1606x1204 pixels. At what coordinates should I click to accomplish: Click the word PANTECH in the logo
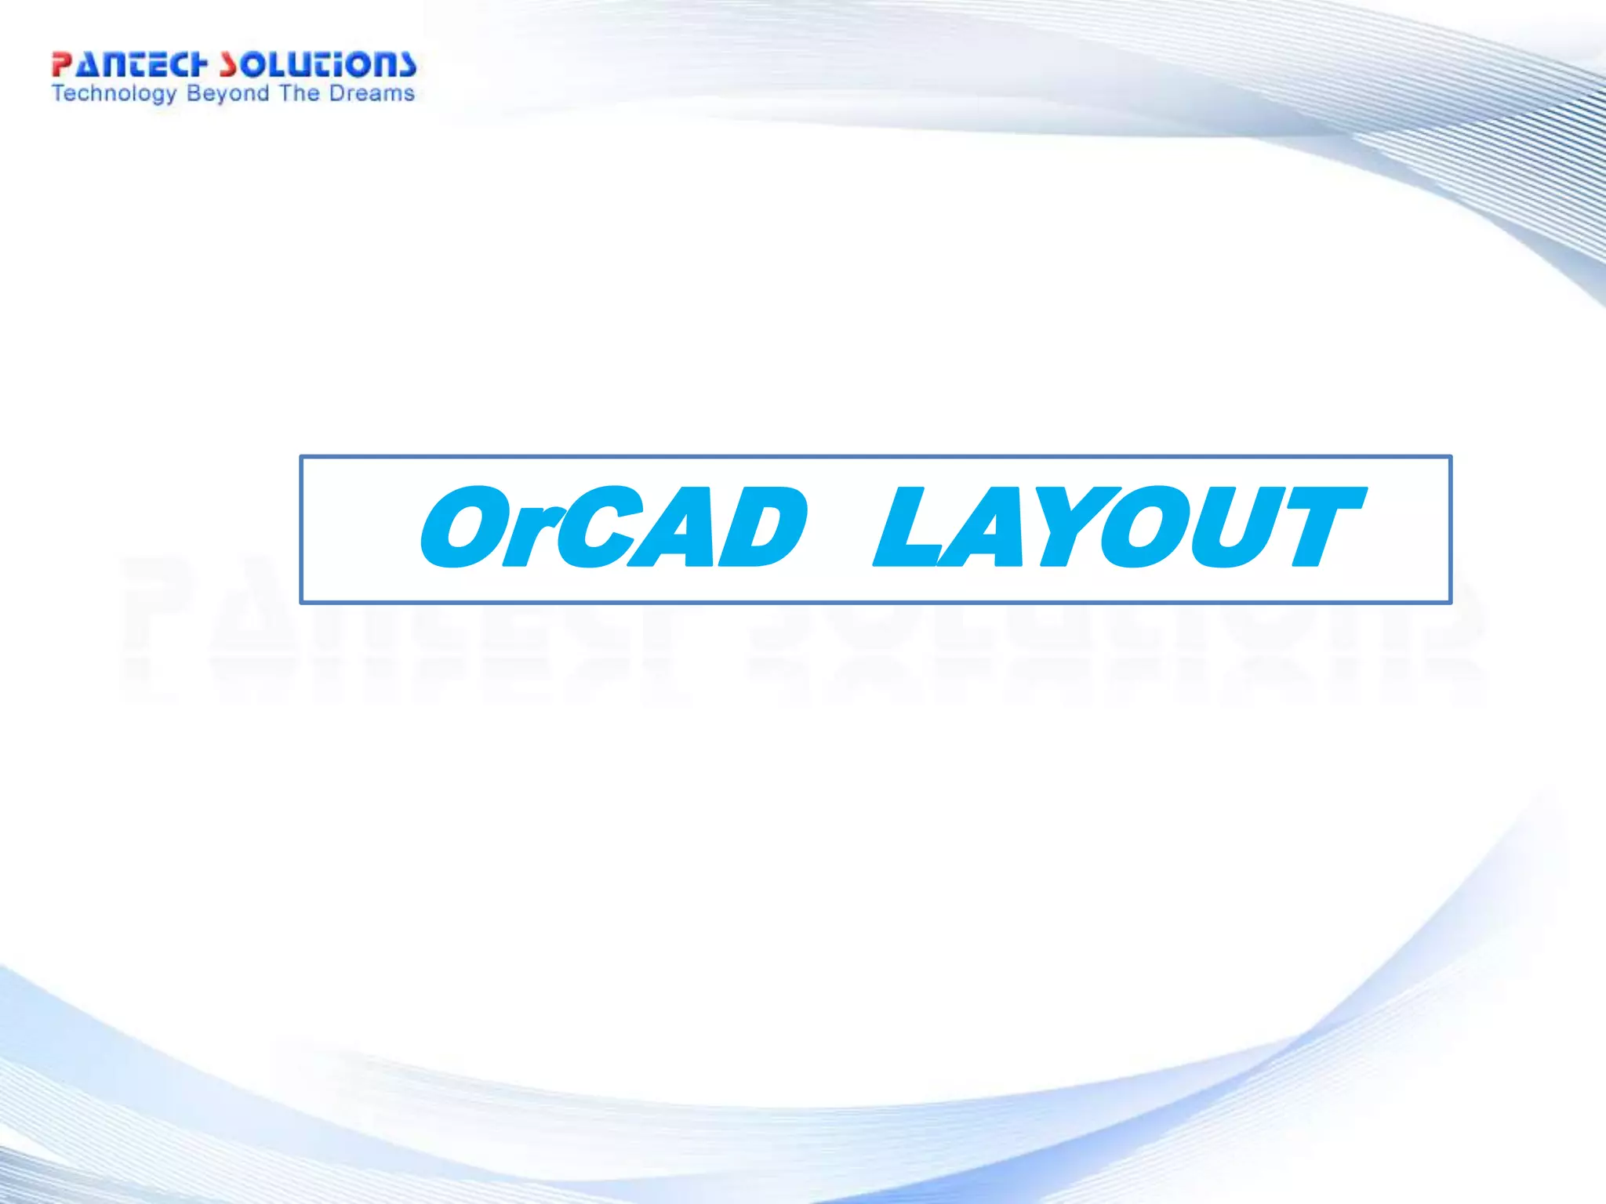click(x=129, y=65)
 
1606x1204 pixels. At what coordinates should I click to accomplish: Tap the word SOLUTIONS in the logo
click(x=318, y=65)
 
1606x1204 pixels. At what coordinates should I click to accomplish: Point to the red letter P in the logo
click(x=62, y=65)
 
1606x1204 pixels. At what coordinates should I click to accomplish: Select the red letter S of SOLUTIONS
click(x=228, y=65)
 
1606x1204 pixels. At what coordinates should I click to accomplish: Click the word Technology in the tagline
click(x=114, y=94)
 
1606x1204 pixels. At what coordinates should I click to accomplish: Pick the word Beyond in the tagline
click(x=228, y=94)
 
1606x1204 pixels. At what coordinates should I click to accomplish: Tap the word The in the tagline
click(x=298, y=93)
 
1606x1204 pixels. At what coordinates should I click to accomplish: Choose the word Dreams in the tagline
click(x=372, y=93)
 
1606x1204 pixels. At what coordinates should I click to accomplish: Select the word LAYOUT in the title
click(x=1117, y=527)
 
